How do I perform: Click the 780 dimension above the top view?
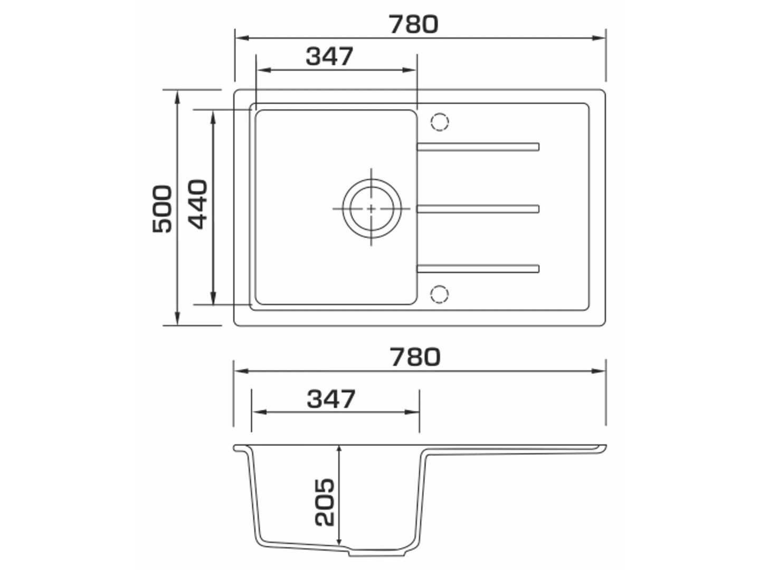tap(413, 24)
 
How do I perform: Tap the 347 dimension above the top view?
tap(329, 56)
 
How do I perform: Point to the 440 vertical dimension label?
tap(198, 204)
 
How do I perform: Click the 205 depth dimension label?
tap(325, 502)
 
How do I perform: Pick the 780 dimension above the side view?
tap(415, 357)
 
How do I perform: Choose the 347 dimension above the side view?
tap(331, 398)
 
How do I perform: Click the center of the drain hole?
tap(371, 208)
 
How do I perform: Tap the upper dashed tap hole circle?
tap(440, 122)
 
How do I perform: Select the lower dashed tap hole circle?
tap(440, 294)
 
